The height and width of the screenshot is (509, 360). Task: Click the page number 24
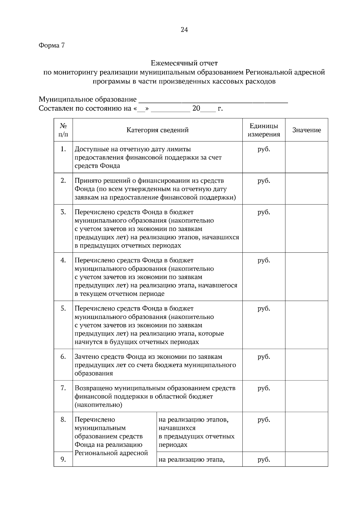(184, 30)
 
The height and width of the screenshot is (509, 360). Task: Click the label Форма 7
(52, 46)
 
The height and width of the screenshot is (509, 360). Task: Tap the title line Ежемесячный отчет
(184, 63)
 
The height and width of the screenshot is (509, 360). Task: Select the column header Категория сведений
(157, 130)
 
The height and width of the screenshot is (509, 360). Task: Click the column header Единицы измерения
(264, 130)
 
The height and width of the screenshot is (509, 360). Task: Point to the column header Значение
(306, 130)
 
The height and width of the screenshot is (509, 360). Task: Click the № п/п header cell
(63, 130)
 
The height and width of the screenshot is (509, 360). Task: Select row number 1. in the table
(63, 149)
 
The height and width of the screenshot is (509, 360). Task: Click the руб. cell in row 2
(264, 181)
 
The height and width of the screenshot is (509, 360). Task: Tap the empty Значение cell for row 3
(306, 228)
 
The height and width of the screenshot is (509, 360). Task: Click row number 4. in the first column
(63, 260)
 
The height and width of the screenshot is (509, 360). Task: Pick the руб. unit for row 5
(264, 308)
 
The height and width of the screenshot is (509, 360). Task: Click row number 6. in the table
(63, 357)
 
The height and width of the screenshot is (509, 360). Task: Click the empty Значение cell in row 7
(306, 396)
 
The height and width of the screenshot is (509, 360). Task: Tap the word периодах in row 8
(173, 445)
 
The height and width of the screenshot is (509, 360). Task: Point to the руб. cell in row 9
(264, 460)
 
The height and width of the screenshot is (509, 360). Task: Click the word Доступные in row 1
(89, 149)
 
